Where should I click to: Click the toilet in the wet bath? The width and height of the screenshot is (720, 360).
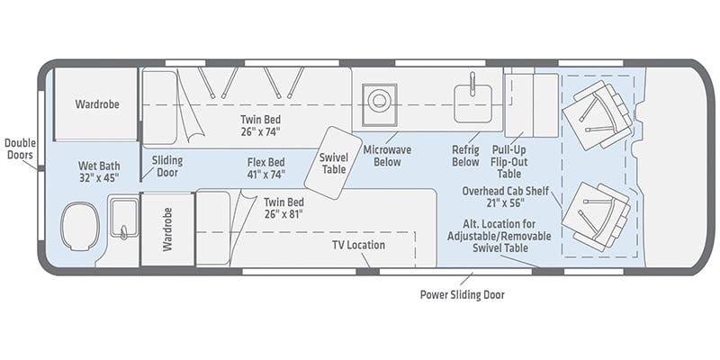tap(80, 227)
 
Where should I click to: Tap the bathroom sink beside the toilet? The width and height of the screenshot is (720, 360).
tap(123, 219)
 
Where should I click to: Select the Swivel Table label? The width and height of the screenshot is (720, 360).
tap(334, 164)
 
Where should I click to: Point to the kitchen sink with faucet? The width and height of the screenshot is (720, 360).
tap(473, 103)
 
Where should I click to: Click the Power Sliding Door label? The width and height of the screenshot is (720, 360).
tap(462, 294)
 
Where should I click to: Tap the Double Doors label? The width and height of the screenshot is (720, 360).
tap(20, 148)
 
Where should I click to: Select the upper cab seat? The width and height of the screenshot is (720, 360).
tap(598, 115)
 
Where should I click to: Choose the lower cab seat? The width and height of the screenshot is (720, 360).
tap(597, 216)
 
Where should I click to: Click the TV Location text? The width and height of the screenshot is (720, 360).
tap(358, 245)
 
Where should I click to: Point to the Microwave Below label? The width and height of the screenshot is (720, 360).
tap(387, 156)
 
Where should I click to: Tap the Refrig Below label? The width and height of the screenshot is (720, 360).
tap(465, 156)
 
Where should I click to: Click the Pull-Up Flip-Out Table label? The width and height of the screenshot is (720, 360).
tap(509, 162)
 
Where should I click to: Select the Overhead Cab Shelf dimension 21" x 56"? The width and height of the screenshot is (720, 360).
tap(505, 203)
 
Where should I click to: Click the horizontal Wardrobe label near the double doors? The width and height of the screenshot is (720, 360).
tap(97, 104)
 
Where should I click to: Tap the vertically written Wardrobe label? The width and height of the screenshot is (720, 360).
tap(167, 229)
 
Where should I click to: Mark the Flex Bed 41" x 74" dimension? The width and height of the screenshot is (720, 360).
tap(266, 174)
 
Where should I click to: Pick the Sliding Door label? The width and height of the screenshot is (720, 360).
tap(167, 166)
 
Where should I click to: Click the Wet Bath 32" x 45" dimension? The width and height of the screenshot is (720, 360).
tap(98, 177)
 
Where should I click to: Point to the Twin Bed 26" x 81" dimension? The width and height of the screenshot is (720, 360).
tap(283, 214)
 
